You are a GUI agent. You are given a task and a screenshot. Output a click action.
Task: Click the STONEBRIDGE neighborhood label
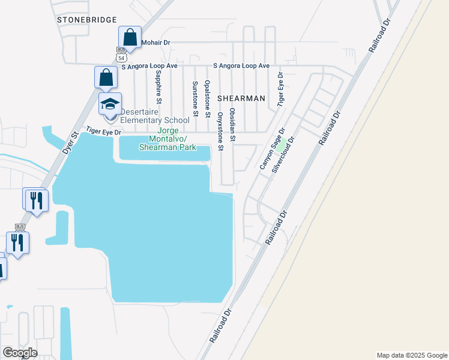coord(86,20)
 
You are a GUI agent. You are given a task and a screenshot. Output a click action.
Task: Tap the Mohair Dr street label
coord(156,43)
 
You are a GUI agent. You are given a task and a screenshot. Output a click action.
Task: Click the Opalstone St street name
coord(207,98)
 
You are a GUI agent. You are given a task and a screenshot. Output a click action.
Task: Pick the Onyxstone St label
coord(220,130)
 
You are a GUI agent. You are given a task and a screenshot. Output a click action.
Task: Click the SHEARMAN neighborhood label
coord(241,98)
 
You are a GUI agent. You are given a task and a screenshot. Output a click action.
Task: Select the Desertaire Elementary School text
coord(155,116)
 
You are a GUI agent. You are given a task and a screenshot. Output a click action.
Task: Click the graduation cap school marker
coord(110,104)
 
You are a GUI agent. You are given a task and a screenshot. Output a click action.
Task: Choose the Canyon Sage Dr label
coord(271,152)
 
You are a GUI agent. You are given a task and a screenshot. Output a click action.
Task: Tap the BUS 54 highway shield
coord(121,55)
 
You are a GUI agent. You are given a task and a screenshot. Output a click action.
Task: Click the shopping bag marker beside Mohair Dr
coord(130,37)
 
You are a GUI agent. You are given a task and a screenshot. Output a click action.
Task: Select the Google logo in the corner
coord(20,353)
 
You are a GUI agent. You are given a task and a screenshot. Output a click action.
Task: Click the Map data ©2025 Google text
coord(411,355)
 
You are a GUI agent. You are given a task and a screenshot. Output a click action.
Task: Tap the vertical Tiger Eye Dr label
coord(280,89)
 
